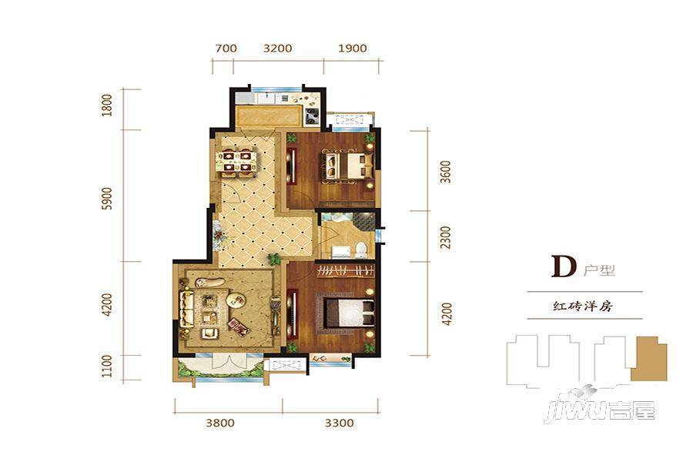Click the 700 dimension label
226,49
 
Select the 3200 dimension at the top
277,49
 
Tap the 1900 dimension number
352,49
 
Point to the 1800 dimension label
107,105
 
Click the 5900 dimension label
107,198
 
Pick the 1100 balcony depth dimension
107,367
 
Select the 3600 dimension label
447,172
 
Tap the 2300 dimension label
447,237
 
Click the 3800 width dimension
220,423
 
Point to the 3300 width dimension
340,423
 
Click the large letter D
564,266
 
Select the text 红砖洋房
584,306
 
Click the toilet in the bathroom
361,249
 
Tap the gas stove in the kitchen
312,116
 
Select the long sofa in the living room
186,308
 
